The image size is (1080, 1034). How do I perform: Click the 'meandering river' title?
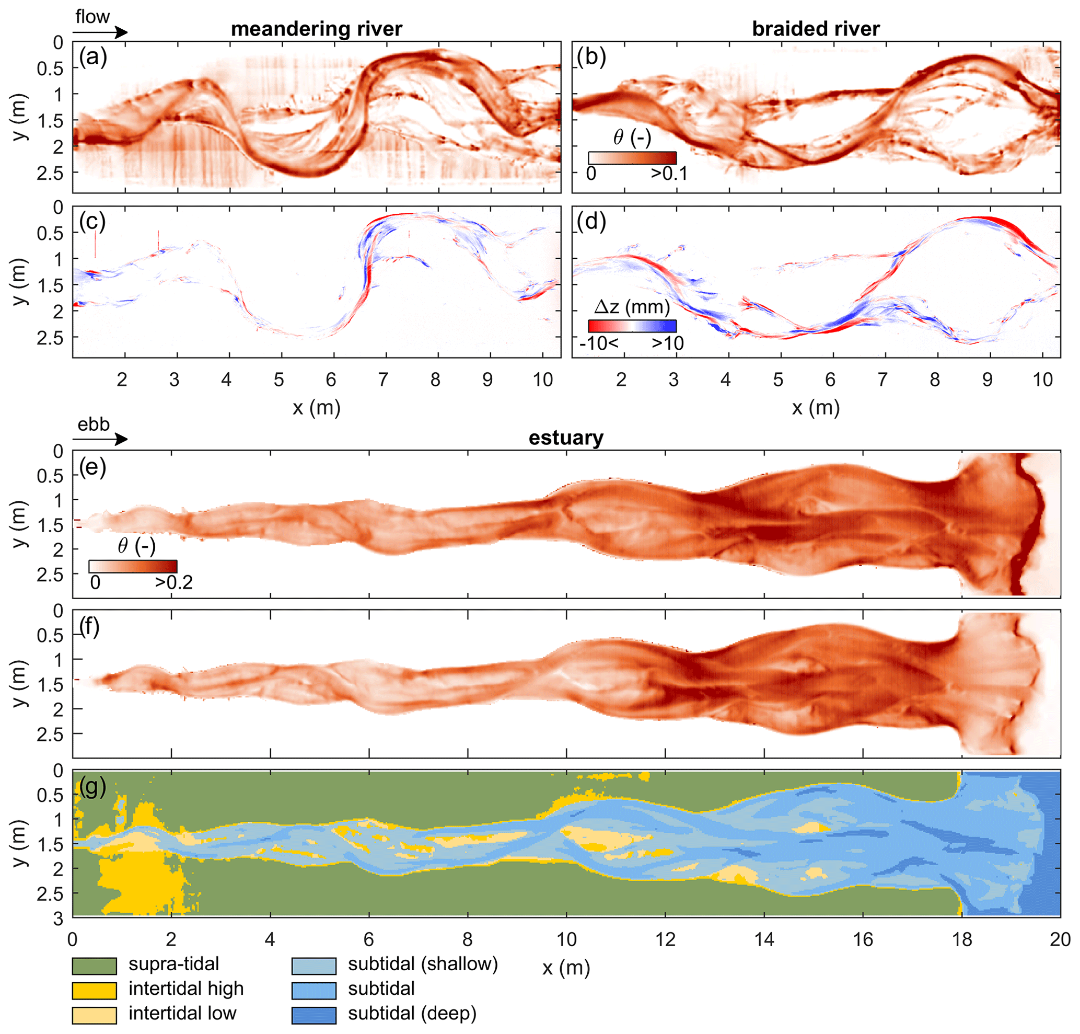316,29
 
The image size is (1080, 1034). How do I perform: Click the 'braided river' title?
816,29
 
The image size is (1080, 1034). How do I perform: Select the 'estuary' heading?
566,438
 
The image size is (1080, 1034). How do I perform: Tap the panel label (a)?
92,57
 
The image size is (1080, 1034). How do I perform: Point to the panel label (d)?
592,222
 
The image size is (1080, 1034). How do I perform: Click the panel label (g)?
92,789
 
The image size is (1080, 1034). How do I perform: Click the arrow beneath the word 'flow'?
100,32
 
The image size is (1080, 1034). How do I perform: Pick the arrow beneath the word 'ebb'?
100,439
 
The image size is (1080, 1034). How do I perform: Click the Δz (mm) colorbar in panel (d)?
632,326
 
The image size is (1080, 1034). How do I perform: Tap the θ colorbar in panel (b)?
632,158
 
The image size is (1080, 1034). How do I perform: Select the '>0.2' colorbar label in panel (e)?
173,582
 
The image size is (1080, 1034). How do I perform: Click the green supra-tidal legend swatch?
94,966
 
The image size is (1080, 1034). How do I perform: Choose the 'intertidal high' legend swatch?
94,991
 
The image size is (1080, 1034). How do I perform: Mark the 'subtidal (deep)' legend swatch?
313,1015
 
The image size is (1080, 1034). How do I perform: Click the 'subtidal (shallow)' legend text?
423,964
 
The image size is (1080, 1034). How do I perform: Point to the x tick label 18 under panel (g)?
962,939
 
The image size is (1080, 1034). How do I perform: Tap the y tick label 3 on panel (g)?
58,918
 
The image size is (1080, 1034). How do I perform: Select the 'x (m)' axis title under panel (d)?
816,408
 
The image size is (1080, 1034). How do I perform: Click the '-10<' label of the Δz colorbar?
598,343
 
